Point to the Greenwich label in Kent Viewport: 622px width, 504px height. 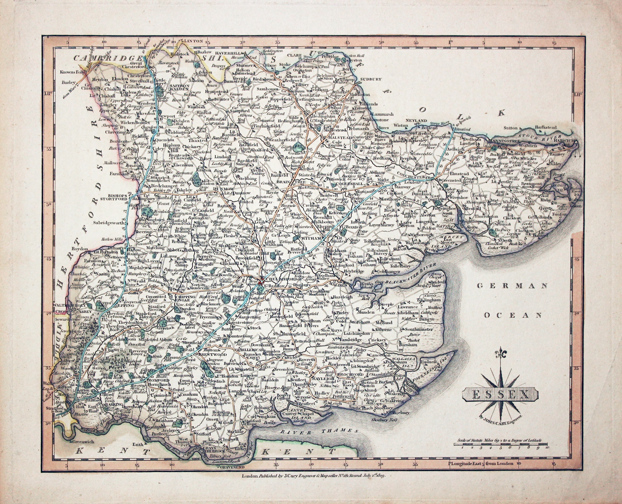coord(80,442)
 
